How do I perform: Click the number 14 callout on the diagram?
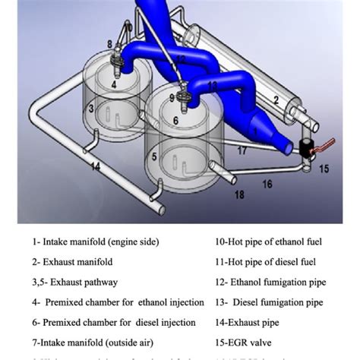pos(95,164)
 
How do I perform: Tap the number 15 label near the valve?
pos(324,169)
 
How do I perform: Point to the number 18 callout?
pos(240,195)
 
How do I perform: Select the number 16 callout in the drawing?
pos(267,184)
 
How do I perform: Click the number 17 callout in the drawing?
pos(242,151)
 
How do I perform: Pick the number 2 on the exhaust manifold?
pos(276,99)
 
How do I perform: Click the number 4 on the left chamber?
pos(114,86)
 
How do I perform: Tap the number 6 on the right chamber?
pos(175,120)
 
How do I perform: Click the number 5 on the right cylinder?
pos(154,157)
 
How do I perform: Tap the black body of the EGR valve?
pos(305,149)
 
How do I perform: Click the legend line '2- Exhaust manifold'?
pos(71,262)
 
